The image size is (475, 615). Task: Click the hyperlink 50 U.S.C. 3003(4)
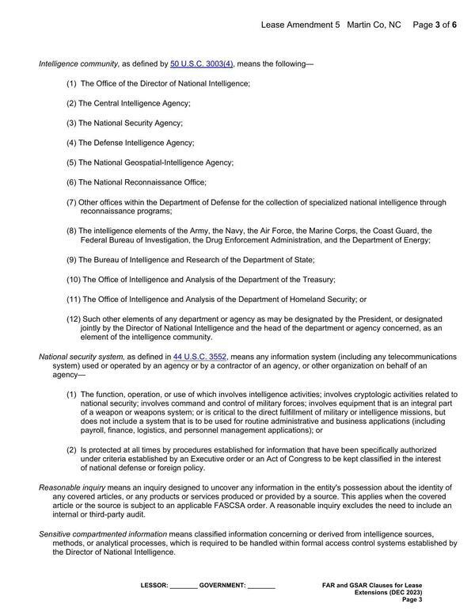point(202,63)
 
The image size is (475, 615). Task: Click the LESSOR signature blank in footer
point(183,586)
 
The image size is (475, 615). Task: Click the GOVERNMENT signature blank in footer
point(261,586)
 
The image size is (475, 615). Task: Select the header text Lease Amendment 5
point(300,25)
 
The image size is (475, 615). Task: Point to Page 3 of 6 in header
point(435,25)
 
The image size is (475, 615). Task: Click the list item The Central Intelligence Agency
point(134,103)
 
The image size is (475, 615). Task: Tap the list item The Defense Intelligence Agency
point(135,143)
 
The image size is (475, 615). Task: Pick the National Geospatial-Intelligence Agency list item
point(155,162)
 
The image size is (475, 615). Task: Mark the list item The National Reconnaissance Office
point(142,182)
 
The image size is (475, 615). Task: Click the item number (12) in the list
point(73,319)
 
